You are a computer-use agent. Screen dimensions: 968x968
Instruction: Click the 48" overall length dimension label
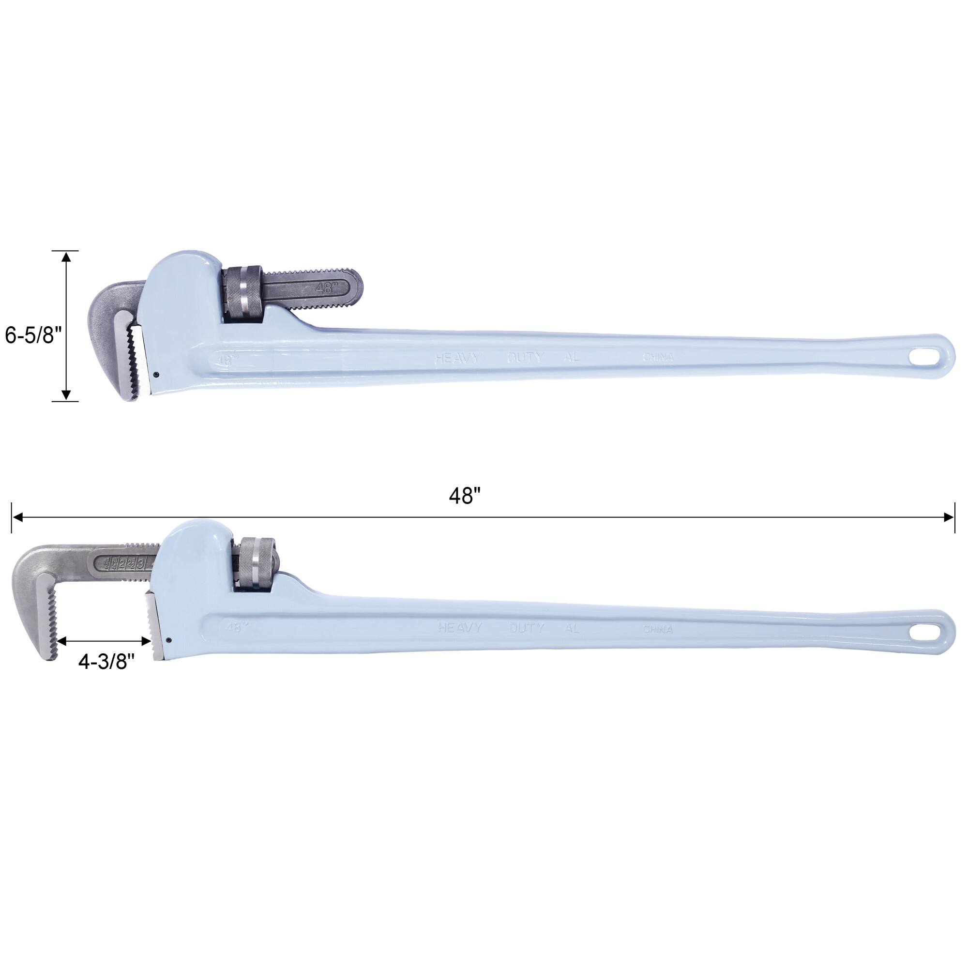(x=465, y=496)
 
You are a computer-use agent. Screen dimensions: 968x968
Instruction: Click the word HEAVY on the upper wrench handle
(x=457, y=358)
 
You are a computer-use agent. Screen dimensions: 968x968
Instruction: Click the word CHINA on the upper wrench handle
(x=657, y=358)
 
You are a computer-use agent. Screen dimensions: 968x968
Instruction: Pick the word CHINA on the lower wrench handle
(x=657, y=630)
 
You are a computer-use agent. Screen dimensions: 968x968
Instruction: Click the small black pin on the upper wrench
(x=156, y=373)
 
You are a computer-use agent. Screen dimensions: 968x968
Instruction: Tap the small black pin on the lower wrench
(x=169, y=640)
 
